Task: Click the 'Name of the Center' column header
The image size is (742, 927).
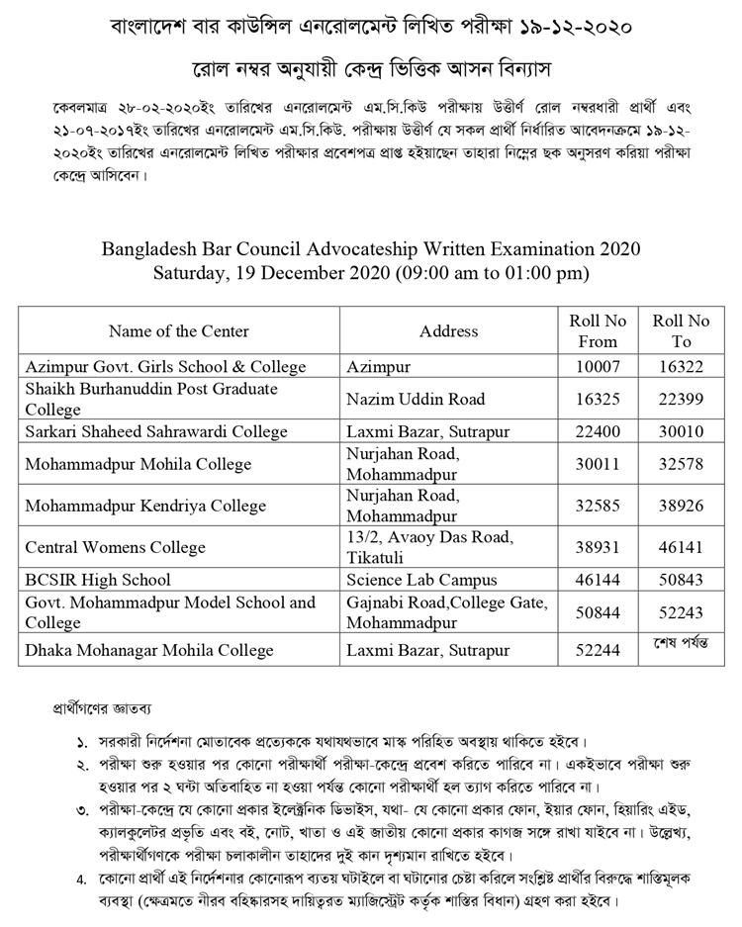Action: point(179,331)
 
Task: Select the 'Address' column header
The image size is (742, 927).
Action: point(448,331)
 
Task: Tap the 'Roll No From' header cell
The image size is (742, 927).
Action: point(598,331)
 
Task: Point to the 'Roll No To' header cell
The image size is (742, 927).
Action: point(682,331)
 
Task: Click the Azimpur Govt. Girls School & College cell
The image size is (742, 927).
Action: point(166,367)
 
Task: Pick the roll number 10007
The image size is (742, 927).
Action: point(598,367)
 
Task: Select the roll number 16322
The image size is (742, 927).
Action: point(682,367)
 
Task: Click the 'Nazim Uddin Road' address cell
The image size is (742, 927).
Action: point(417,400)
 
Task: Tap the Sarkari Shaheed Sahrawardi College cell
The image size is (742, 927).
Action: point(156,432)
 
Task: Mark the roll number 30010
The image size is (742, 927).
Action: point(682,432)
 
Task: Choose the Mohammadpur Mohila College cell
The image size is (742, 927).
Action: point(139,464)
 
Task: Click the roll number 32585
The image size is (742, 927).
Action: point(598,506)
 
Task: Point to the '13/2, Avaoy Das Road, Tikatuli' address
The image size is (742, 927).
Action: point(430,547)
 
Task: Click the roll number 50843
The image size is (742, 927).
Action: point(682,580)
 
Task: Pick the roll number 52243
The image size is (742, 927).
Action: point(682,612)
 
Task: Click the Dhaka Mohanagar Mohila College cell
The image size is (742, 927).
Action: point(149,651)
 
